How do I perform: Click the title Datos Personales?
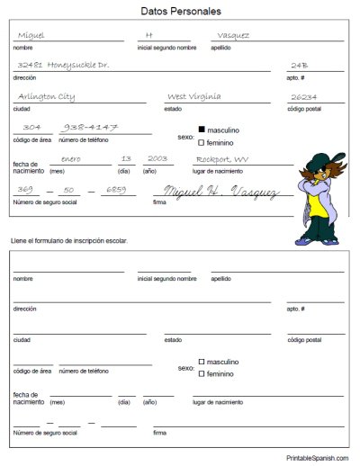[x=180, y=13]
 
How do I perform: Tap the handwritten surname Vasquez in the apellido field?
[x=231, y=36]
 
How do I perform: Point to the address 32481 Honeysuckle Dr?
[x=62, y=66]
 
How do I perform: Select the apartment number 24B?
[x=300, y=66]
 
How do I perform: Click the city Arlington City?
[x=47, y=97]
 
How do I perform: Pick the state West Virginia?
[x=200, y=97]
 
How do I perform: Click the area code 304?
[x=31, y=129]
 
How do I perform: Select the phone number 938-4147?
[x=94, y=129]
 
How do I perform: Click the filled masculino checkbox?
[x=202, y=130]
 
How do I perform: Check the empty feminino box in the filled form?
[x=202, y=142]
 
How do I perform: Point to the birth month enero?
[x=71, y=159]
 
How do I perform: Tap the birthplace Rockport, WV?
[x=223, y=159]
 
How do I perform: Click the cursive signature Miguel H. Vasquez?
[x=220, y=192]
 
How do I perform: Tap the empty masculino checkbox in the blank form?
[x=202, y=361]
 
